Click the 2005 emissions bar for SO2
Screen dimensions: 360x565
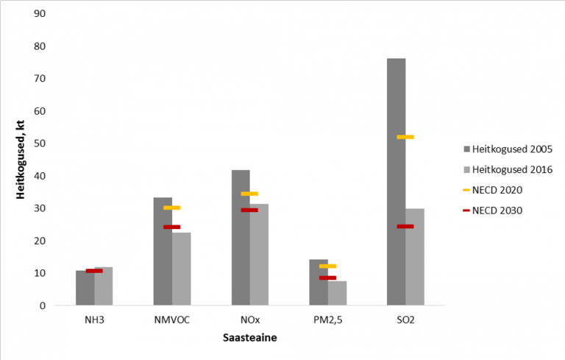point(396,181)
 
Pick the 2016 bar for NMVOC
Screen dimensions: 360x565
point(181,268)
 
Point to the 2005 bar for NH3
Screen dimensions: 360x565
point(85,288)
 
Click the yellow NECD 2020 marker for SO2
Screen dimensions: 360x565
point(405,137)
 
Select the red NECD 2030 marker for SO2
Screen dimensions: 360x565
point(405,226)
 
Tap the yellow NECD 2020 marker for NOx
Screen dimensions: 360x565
point(249,194)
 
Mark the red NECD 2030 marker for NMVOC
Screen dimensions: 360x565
point(171,227)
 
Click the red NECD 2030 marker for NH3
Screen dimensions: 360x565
point(94,271)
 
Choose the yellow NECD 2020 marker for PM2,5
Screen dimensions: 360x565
point(327,266)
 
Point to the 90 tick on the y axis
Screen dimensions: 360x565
point(40,14)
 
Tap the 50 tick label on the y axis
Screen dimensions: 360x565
point(40,144)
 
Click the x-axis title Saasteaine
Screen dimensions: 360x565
point(249,339)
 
